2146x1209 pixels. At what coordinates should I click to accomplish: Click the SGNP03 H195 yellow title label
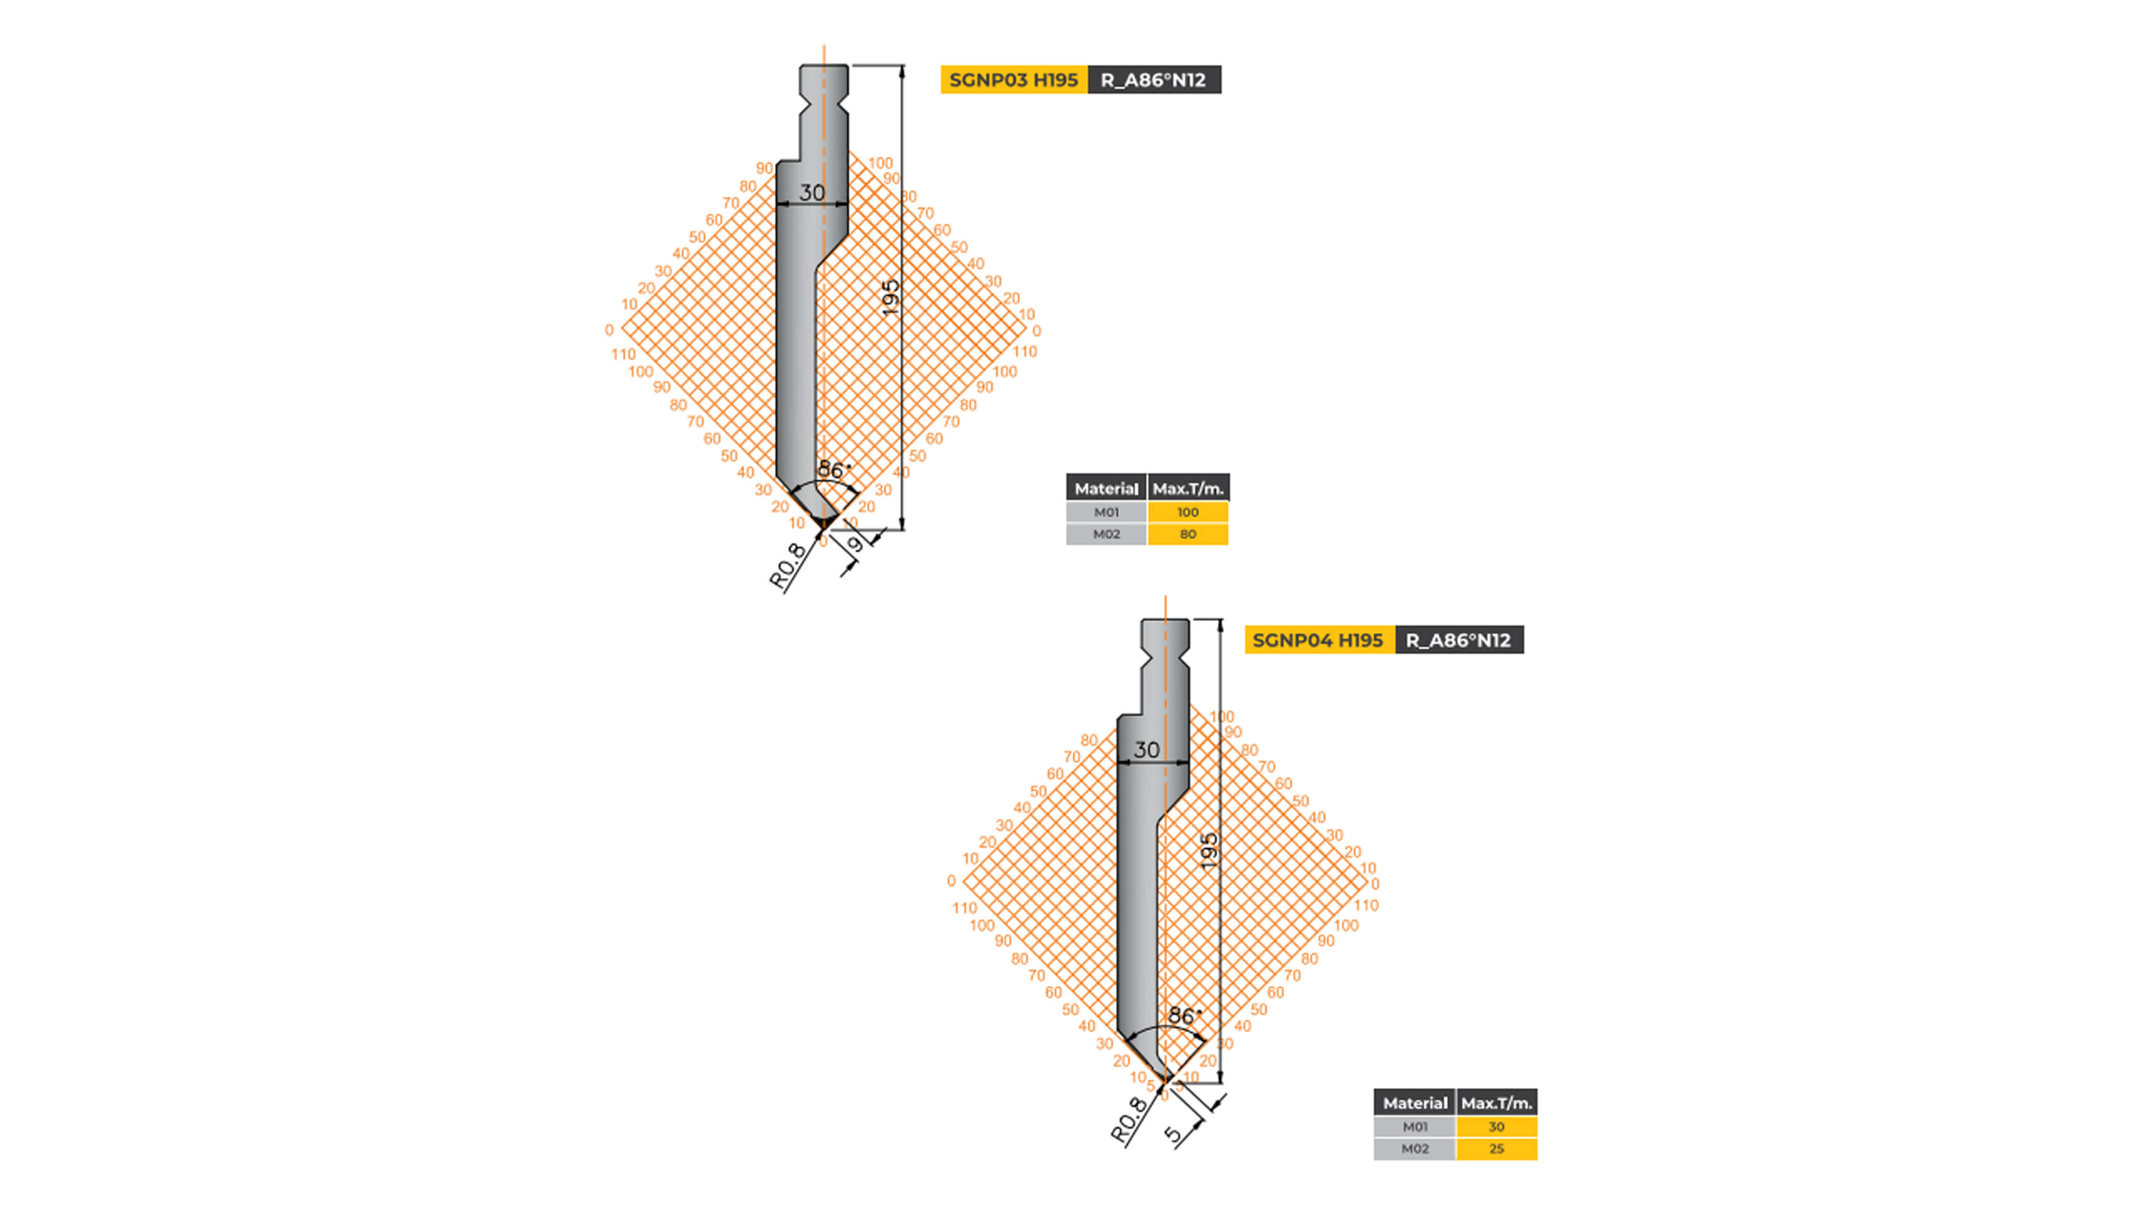(x=1013, y=80)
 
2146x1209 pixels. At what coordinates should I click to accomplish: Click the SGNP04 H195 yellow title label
(x=1318, y=640)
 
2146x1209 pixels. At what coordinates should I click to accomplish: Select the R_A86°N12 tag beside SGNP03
(x=1154, y=80)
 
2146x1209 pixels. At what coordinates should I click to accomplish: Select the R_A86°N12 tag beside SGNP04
(x=1459, y=640)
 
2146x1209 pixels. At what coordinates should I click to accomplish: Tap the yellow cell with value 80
(x=1187, y=534)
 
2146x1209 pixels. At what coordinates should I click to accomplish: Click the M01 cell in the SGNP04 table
(x=1415, y=1127)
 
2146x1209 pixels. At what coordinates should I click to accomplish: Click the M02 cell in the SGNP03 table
(x=1106, y=534)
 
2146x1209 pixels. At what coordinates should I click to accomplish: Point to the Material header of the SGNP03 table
(x=1105, y=488)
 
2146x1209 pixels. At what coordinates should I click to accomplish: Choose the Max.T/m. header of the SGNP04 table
(x=1496, y=1103)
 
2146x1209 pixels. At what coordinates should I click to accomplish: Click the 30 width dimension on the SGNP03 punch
(x=812, y=193)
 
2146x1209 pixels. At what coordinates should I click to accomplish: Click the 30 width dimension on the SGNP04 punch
(x=1147, y=750)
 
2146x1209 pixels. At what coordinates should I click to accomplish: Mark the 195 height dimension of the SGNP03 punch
(x=891, y=297)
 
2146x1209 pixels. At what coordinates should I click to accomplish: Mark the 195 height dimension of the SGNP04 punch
(x=1210, y=851)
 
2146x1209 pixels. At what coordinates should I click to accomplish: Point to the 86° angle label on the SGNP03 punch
(x=832, y=469)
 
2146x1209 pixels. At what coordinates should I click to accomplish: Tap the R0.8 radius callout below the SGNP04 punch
(x=1129, y=1119)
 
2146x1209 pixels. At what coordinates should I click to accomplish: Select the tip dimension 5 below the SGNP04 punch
(x=1173, y=1133)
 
